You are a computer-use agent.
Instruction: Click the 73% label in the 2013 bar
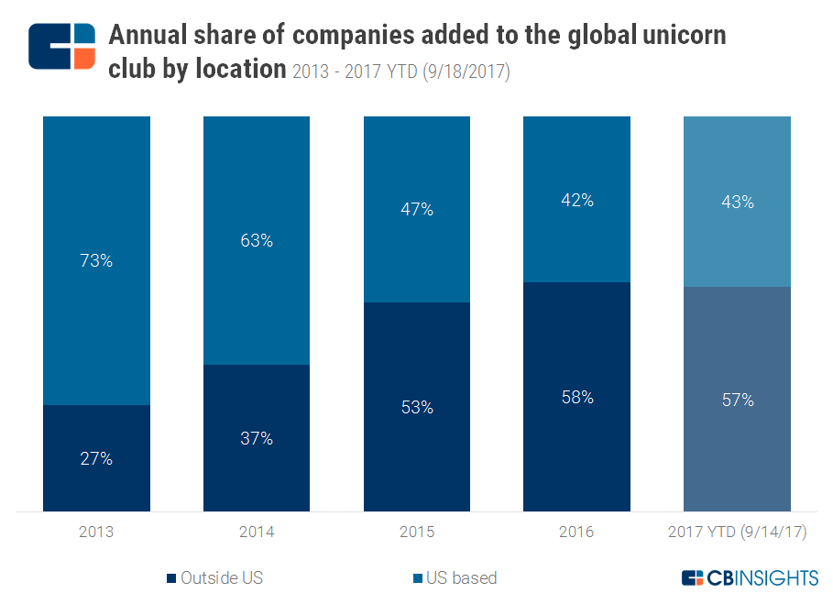96,260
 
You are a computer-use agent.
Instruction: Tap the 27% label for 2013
96,458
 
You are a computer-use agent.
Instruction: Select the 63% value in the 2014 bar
257,240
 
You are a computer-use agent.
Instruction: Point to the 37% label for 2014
257,438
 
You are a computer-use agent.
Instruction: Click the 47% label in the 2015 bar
417,209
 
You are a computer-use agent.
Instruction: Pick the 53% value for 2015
417,407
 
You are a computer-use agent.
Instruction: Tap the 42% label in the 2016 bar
576,200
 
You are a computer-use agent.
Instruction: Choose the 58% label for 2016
576,397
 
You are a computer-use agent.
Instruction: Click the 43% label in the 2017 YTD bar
737,202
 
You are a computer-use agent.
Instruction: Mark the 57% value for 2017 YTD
737,400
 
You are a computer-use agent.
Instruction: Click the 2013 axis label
96,532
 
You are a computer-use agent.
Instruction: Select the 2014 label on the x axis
257,532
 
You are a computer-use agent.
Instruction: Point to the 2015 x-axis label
417,532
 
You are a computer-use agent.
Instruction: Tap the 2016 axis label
576,532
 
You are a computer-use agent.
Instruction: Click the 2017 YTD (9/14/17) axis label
737,532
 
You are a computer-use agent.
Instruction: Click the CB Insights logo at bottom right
750,577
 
